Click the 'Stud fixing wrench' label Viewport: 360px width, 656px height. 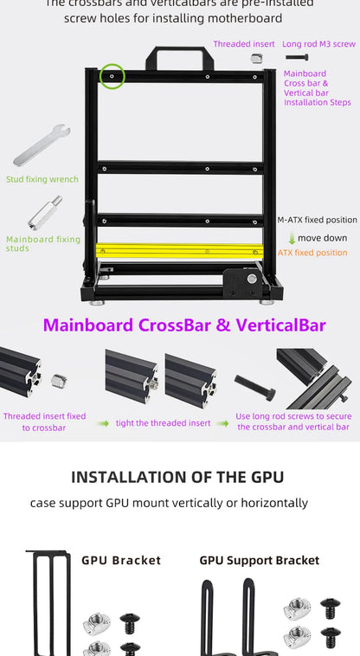tap(42, 179)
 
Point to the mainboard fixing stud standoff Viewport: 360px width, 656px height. tap(44, 214)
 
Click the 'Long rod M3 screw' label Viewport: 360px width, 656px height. tap(318, 43)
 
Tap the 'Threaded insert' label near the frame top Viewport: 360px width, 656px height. tap(244, 43)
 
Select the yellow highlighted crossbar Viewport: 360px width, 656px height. tap(179, 251)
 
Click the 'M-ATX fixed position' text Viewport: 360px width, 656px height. tap(317, 220)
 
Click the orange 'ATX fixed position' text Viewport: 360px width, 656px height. tap(312, 253)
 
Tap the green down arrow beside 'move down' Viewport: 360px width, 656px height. tap(292, 238)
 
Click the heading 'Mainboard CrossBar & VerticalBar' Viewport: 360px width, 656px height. tap(184, 325)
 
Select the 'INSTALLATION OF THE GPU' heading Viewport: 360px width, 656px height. tap(177, 477)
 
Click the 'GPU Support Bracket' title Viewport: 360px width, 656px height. tap(259, 560)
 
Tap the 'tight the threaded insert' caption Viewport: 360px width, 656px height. tap(164, 422)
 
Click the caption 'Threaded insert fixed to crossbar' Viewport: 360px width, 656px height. tap(44, 421)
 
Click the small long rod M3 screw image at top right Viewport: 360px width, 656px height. tap(296, 57)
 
